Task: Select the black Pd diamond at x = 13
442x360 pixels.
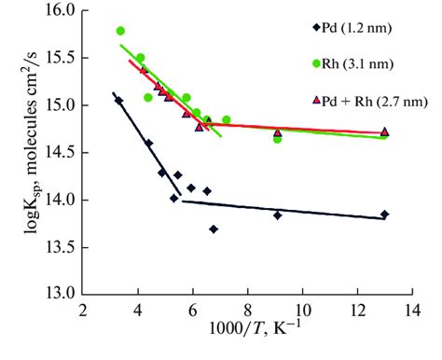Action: (384, 215)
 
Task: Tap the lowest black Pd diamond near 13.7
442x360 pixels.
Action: (214, 228)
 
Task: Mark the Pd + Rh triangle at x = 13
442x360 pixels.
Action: (384, 132)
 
